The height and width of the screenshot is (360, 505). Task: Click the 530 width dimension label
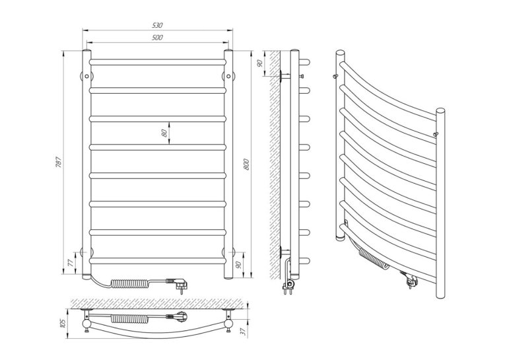[158, 25]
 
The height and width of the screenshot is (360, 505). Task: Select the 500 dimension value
[157, 38]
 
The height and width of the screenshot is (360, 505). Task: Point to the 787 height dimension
[58, 162]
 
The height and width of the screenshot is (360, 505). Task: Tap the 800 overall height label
[246, 164]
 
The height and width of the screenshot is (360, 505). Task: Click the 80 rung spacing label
[164, 133]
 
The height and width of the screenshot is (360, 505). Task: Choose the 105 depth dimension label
[63, 324]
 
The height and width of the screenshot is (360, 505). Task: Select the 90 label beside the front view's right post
[239, 265]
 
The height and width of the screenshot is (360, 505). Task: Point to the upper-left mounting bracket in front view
[86, 76]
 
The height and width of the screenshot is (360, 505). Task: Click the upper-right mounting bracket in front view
[228, 76]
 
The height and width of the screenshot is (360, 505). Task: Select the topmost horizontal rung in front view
[157, 62]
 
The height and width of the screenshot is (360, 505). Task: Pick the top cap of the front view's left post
[86, 51]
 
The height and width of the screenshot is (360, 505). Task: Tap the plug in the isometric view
[410, 280]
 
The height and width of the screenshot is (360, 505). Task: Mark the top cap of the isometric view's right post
[440, 111]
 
